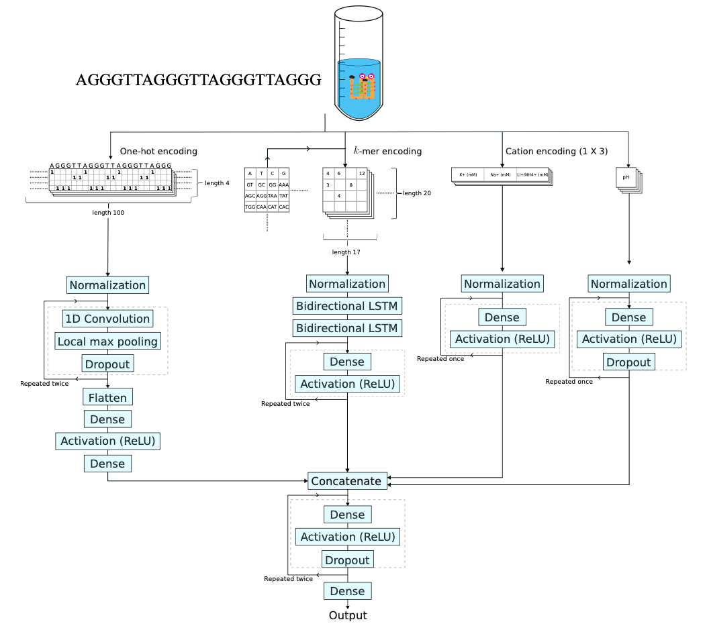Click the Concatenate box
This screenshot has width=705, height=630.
[348, 480]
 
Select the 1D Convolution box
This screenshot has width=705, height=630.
[107, 318]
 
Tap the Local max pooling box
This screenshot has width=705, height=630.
[107, 342]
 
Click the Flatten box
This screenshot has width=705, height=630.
[107, 397]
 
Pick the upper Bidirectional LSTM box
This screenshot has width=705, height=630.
[347, 306]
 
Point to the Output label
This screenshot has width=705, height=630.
[348, 615]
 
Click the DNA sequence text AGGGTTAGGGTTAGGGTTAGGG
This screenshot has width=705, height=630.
[199, 81]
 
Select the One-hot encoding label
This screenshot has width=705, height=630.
[158, 152]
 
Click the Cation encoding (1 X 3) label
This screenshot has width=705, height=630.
[556, 152]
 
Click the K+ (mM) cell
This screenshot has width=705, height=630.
[467, 175]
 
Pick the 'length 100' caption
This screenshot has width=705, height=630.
[108, 212]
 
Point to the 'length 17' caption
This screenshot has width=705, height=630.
[347, 252]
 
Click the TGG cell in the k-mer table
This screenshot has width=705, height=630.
[250, 207]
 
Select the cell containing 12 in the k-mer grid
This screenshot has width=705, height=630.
[362, 174]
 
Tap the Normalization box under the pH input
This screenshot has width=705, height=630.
[628, 284]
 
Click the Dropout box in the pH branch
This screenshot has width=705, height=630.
[628, 362]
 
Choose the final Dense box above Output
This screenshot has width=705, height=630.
[348, 591]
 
